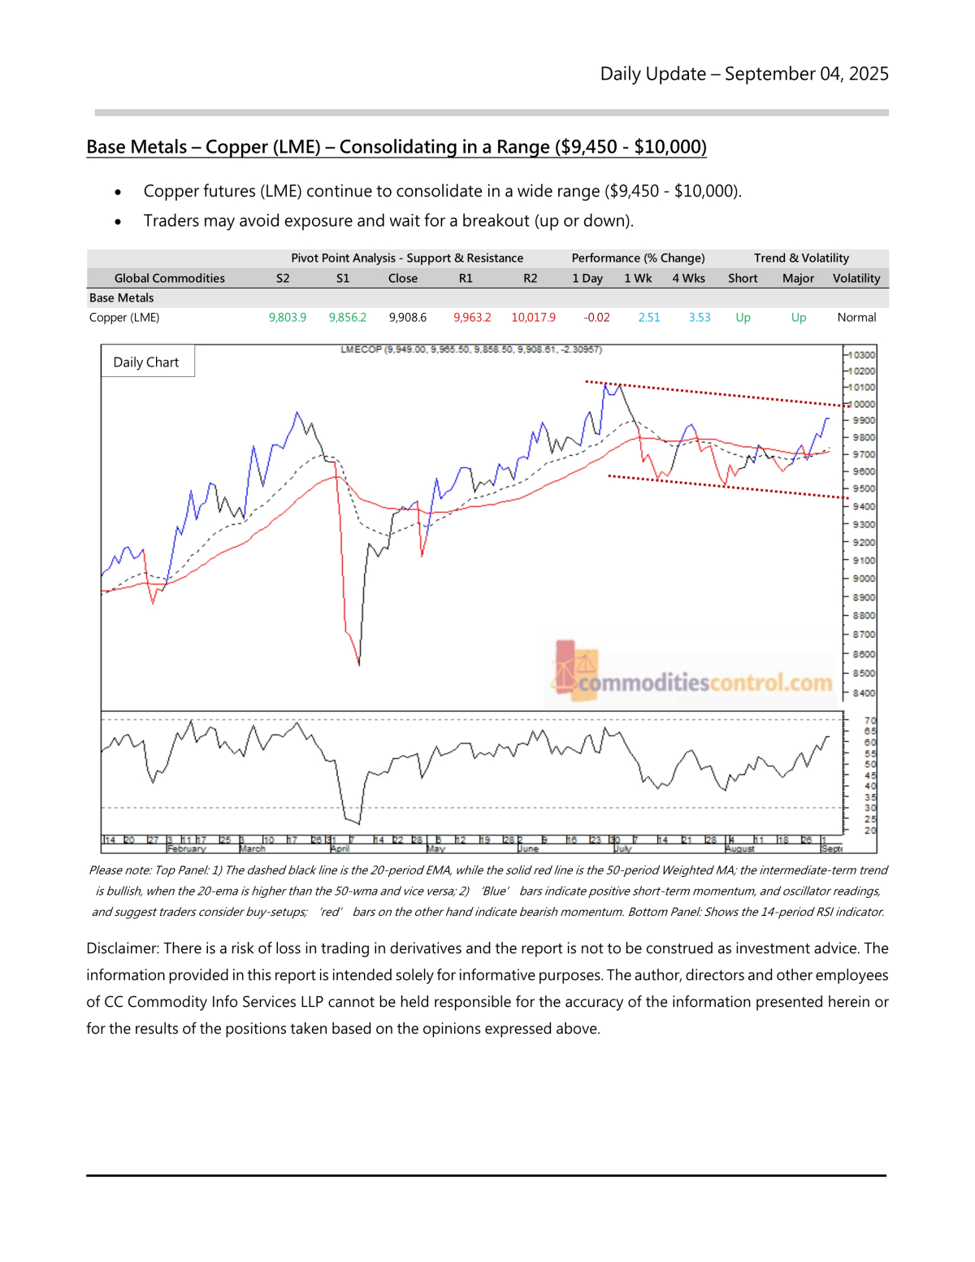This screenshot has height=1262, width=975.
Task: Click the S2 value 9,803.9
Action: pos(287,318)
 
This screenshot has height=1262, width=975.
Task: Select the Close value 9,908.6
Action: pos(407,318)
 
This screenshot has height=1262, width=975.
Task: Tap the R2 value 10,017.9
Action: pos(533,318)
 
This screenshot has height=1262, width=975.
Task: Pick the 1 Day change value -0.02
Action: pos(596,318)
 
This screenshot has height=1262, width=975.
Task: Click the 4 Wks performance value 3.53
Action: pos(699,318)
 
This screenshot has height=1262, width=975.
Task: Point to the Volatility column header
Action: pos(856,278)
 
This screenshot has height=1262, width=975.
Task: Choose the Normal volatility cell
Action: pos(856,318)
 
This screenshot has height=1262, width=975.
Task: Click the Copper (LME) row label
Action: pos(124,318)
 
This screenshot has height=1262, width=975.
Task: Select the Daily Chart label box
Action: pos(146,362)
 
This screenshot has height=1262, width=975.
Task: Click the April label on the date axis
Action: pos(340,849)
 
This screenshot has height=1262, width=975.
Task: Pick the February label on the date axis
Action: pos(187,849)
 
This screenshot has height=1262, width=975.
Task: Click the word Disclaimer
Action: pos(123,948)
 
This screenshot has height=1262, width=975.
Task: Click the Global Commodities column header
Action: pos(169,278)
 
